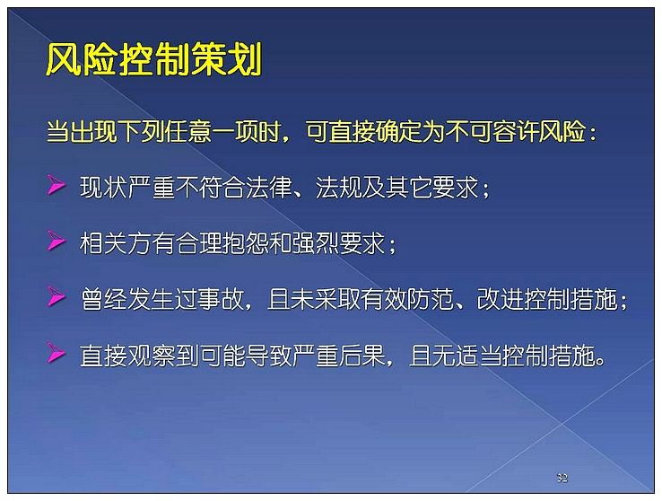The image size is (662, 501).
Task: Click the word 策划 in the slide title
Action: point(226,59)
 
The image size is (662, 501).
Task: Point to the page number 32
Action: point(562,478)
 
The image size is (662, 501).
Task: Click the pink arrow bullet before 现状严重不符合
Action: point(57,185)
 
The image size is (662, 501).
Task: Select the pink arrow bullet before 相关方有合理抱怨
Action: point(57,241)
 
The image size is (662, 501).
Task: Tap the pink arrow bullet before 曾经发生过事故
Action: point(57,296)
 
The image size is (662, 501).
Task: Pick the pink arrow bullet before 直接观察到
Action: point(57,352)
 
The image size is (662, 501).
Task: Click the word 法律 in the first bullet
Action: point(269,187)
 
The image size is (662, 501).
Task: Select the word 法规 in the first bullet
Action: point(338,187)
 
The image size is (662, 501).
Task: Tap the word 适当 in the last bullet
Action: point(478,356)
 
